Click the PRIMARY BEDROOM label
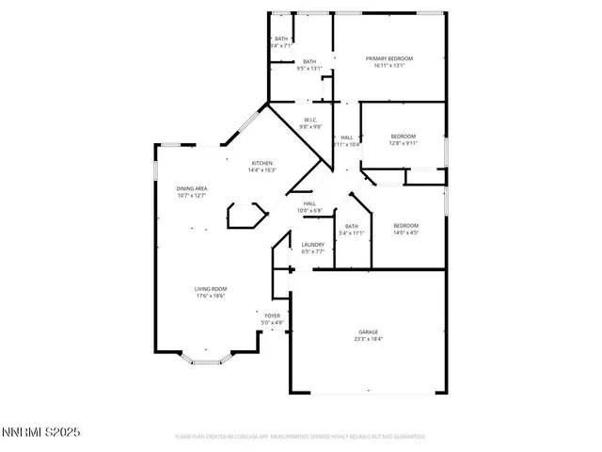[389, 58]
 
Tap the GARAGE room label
[368, 331]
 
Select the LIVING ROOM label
[212, 289]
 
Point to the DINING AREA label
[192, 189]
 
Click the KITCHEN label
[261, 164]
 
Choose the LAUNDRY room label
[313, 245]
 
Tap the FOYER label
[272, 315]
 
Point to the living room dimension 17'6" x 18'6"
[212, 296]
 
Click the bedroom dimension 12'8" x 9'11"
[404, 144]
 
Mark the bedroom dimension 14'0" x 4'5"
[405, 233]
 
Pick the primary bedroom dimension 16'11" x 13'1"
[389, 66]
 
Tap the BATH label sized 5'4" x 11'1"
[352, 226]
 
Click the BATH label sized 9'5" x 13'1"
[309, 61]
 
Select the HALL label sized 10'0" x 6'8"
[309, 203]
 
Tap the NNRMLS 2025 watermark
[41, 432]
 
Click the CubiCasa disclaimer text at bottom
[301, 437]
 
